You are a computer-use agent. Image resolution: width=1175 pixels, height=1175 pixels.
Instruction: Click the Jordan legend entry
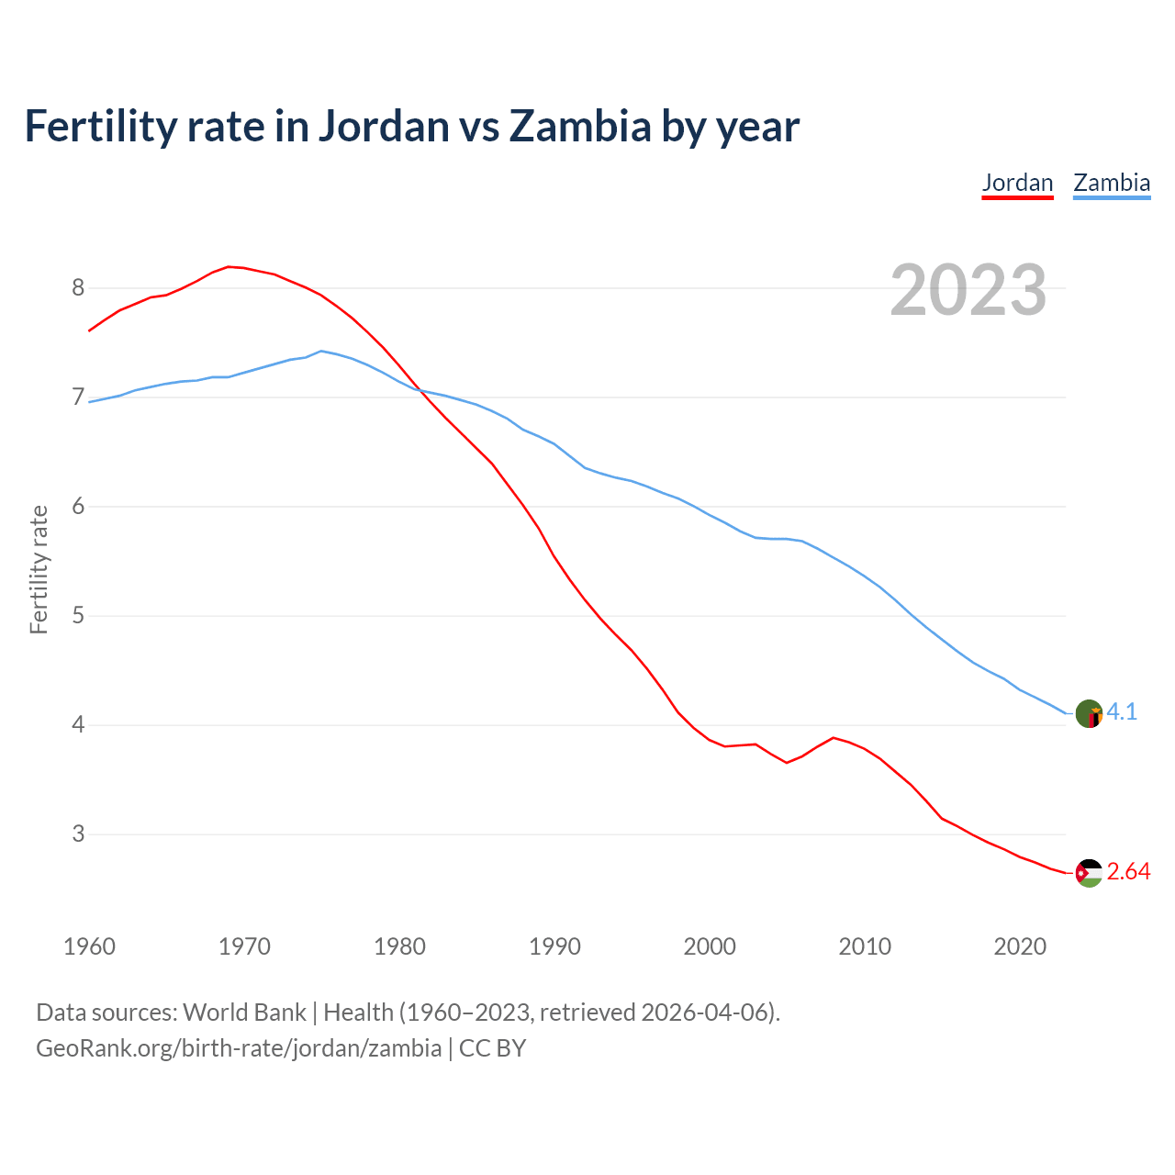point(1017,183)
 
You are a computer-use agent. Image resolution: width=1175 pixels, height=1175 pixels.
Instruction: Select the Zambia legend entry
point(1112,183)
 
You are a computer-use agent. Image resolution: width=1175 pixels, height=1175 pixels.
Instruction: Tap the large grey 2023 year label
point(968,290)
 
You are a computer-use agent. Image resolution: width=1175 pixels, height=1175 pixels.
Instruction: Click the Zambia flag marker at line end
point(1089,713)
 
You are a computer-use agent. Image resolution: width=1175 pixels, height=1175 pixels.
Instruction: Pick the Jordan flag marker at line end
point(1089,873)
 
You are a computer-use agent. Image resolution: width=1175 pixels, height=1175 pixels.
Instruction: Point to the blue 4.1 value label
point(1122,712)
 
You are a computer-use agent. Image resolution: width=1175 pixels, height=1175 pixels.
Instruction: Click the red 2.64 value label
point(1128,872)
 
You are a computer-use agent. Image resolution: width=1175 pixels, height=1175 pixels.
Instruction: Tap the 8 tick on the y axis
point(78,288)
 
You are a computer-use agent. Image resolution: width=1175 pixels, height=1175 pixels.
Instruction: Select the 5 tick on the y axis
point(78,616)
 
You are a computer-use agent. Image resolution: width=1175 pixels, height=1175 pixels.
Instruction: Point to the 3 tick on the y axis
point(78,834)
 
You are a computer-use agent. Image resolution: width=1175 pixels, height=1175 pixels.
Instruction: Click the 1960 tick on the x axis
point(89,946)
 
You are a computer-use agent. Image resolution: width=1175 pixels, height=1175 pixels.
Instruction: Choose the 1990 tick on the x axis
point(554,946)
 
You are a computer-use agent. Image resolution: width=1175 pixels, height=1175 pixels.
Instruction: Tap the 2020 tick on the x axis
point(1020,946)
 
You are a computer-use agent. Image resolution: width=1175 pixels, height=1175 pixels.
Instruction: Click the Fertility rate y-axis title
point(39,569)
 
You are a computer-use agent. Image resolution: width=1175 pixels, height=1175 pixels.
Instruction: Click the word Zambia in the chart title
point(579,127)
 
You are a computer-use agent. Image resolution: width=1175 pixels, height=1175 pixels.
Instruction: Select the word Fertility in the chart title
point(99,127)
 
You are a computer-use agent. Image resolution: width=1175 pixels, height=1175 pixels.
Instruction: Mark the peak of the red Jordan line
point(229,266)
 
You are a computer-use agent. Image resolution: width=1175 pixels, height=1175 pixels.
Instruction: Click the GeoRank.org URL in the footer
point(239,1048)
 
